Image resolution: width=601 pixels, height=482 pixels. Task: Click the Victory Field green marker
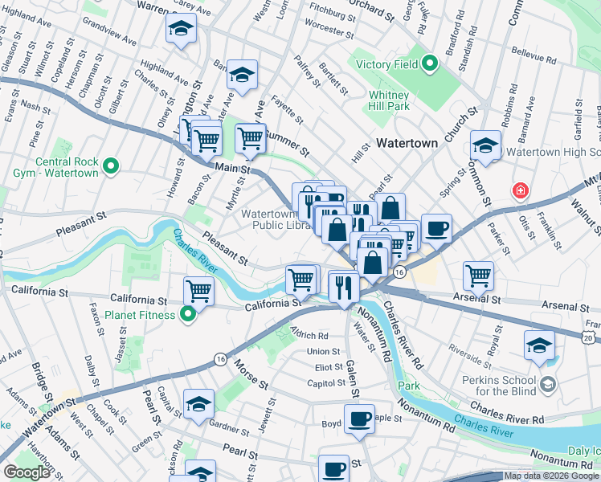(429, 63)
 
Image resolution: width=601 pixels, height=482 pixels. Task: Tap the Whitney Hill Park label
(389, 100)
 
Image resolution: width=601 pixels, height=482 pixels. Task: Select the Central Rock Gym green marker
(111, 168)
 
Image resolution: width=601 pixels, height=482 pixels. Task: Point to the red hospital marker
(521, 191)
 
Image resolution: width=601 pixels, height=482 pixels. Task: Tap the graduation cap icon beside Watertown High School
(486, 145)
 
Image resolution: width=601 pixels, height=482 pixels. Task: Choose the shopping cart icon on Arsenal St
(478, 275)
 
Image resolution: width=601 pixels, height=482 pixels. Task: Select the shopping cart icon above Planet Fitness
(198, 290)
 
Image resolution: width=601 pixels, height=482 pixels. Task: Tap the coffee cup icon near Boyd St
(359, 418)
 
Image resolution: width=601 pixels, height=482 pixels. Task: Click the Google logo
(27, 472)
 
